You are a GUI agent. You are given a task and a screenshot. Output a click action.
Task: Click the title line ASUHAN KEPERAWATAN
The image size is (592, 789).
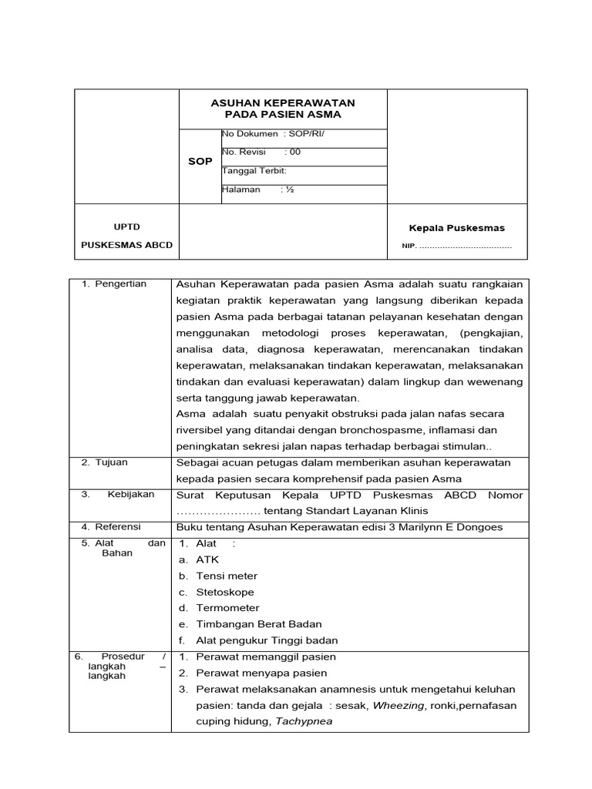click(282, 102)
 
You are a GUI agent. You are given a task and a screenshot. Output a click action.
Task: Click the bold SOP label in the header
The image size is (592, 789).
click(200, 162)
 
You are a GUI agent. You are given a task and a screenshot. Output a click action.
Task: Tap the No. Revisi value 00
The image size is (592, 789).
click(294, 152)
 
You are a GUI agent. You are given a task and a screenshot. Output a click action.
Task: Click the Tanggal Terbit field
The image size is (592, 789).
click(254, 170)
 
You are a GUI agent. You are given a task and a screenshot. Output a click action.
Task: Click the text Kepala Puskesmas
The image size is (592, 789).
click(456, 228)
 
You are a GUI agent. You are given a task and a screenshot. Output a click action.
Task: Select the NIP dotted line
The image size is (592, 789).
click(465, 246)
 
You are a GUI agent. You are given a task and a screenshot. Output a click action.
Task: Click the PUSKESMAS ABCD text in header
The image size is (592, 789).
click(127, 245)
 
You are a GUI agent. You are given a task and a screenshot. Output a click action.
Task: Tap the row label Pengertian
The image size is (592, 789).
click(120, 284)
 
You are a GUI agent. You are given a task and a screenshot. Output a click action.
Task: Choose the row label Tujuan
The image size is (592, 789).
click(111, 462)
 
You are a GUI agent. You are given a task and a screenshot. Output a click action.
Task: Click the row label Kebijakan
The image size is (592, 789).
click(130, 494)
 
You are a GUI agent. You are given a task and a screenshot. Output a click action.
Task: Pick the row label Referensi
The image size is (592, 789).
click(117, 526)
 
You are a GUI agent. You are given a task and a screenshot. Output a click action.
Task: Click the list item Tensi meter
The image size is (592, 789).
click(227, 576)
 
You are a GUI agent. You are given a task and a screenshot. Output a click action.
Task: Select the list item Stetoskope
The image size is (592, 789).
click(225, 592)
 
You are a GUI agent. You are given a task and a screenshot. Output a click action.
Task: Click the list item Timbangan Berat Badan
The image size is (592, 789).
click(259, 624)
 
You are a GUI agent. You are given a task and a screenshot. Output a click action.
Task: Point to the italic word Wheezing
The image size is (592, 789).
click(398, 705)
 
